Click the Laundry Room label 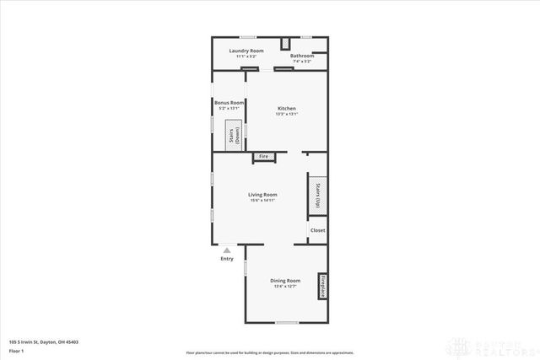(246, 51)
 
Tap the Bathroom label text (302, 56)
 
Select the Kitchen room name (288, 109)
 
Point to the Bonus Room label (229, 103)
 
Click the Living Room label (262, 195)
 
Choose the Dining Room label (285, 280)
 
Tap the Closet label (317, 230)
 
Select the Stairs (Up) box (317, 195)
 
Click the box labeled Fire (263, 156)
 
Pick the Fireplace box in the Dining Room (321, 286)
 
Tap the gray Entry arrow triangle (226, 250)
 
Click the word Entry (226, 259)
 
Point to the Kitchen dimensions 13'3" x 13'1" (288, 115)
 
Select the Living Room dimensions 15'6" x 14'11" (262, 201)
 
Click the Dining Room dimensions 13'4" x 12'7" (285, 286)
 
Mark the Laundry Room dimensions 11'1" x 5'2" (246, 56)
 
